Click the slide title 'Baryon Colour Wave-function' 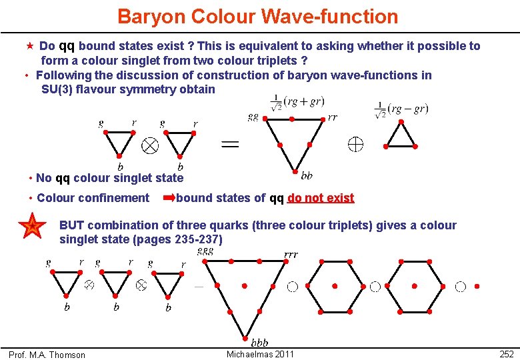(257, 16)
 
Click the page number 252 (506, 355)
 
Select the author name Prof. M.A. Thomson (47, 355)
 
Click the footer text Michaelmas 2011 (260, 354)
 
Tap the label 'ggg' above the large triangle (205, 251)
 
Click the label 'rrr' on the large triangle (291, 254)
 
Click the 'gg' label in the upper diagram (253, 116)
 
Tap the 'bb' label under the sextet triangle (307, 176)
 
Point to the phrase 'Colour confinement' (93, 198)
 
